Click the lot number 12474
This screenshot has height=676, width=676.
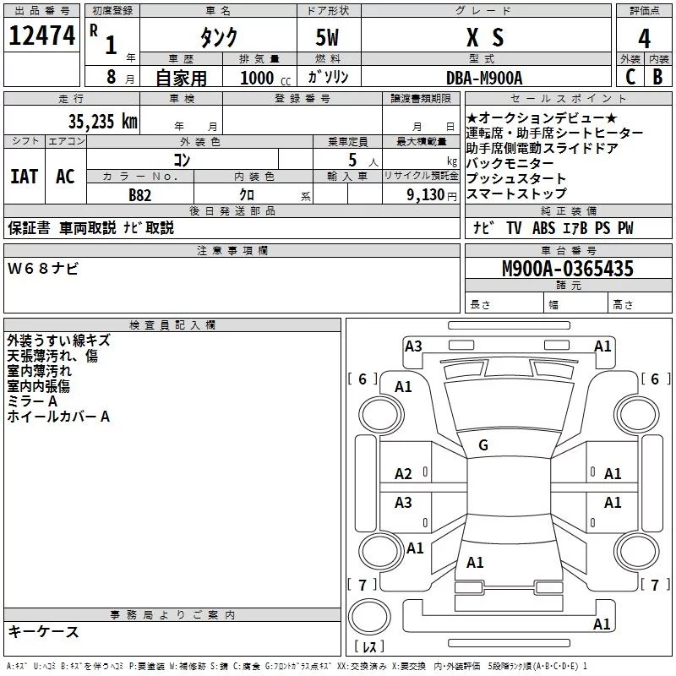(x=41, y=37)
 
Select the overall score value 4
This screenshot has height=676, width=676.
(x=645, y=39)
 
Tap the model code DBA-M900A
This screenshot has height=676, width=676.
(x=484, y=78)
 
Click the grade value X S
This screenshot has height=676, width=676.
(x=484, y=38)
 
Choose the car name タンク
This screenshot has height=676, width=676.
(x=217, y=38)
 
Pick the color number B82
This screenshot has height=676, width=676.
(x=141, y=194)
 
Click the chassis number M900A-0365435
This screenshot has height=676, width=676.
(x=567, y=269)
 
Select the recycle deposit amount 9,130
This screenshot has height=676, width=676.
(x=426, y=195)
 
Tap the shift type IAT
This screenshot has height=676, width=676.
(x=24, y=177)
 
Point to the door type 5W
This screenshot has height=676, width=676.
(x=329, y=38)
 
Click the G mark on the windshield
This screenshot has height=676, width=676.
(x=482, y=445)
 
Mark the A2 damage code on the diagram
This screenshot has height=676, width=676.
(x=403, y=474)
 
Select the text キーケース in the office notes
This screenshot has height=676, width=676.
(x=43, y=632)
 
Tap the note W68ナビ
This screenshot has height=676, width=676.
(x=43, y=269)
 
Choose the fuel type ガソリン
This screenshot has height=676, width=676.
(x=329, y=77)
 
